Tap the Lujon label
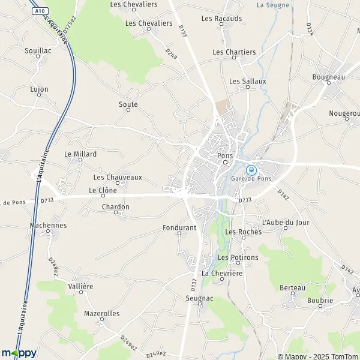[x=39, y=89]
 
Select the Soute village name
[x=128, y=104]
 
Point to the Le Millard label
[x=80, y=154]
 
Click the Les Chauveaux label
[x=118, y=177]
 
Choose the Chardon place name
[x=116, y=207]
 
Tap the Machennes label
[x=48, y=226]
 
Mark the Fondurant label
[x=179, y=228]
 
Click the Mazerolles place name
[x=102, y=313]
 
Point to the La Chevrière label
[x=222, y=273]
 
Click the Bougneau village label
[x=329, y=77]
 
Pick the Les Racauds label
[x=222, y=19]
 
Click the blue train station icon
[x=251, y=169]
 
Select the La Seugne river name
[x=273, y=5]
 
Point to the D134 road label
[x=310, y=28]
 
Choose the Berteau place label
[x=293, y=288]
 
